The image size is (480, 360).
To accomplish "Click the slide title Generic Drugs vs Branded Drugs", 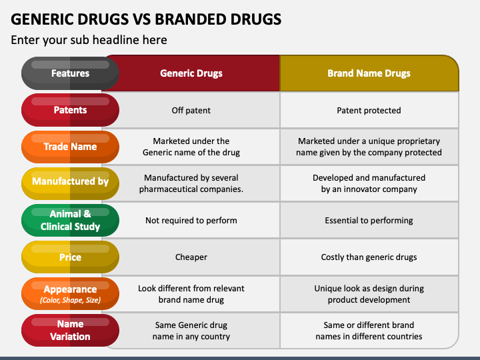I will [146, 18].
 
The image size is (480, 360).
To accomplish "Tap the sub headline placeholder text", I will [89, 40].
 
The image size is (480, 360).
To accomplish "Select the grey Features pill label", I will [70, 73].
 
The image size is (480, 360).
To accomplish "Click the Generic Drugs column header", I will [191, 73].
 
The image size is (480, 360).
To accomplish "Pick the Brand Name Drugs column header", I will [369, 73].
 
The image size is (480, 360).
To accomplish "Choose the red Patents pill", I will [70, 110].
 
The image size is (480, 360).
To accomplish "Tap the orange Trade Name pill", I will [70, 147].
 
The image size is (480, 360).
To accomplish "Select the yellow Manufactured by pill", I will [70, 181].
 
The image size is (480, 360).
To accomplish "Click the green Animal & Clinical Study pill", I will [70, 220].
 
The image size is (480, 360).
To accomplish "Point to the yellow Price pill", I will [70, 257].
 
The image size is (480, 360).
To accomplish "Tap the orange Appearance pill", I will [70, 294].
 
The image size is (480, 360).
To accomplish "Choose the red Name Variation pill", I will [70, 331].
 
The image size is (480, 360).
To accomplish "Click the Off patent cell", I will [191, 111].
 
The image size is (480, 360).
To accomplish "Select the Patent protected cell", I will [369, 111].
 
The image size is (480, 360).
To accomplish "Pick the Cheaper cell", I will [191, 257].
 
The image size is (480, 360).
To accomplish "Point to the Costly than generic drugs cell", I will [369, 257].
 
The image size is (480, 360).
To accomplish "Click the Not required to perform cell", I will [191, 221].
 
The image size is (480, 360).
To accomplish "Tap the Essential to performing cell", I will [369, 221].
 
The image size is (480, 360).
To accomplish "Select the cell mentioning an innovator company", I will [369, 183].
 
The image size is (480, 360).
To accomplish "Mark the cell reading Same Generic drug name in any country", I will [191, 331].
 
